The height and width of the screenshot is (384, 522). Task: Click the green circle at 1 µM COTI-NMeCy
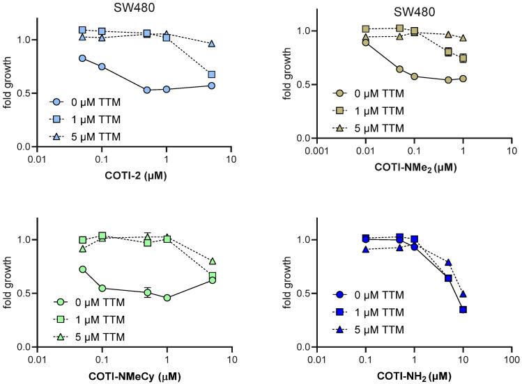click(167, 298)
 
